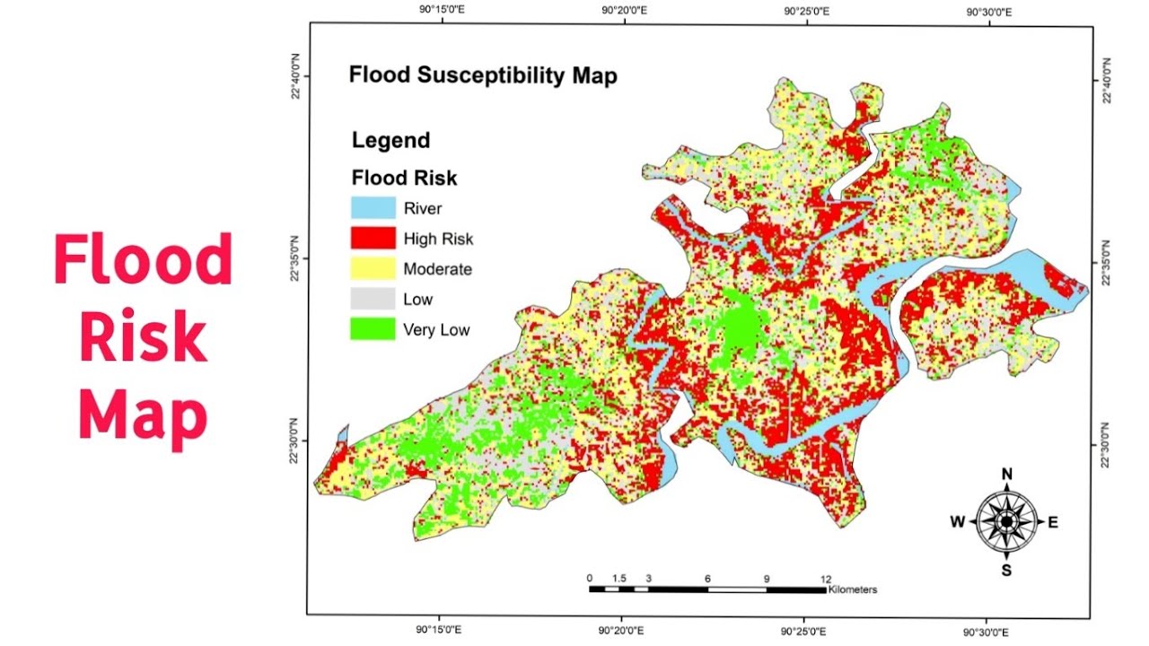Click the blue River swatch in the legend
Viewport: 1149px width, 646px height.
(x=373, y=208)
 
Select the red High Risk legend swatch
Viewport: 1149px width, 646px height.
(x=373, y=239)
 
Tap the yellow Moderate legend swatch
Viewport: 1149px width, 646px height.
(x=373, y=268)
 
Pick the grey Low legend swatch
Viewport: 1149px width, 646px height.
(x=373, y=299)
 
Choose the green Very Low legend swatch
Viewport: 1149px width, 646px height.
(x=373, y=329)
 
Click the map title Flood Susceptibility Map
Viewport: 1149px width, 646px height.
(x=483, y=75)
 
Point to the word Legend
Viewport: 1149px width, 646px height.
(x=390, y=141)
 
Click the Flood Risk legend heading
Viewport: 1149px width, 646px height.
(x=404, y=178)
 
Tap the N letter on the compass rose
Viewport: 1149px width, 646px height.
(x=1007, y=475)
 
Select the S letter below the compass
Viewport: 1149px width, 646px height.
(x=1007, y=571)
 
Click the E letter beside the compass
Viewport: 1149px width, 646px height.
(x=1053, y=522)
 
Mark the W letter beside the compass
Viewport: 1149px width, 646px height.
(x=959, y=522)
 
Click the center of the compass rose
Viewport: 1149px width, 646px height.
(x=1007, y=521)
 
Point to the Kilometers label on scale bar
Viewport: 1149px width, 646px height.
(x=853, y=590)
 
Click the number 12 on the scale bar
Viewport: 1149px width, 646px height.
(x=825, y=579)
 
